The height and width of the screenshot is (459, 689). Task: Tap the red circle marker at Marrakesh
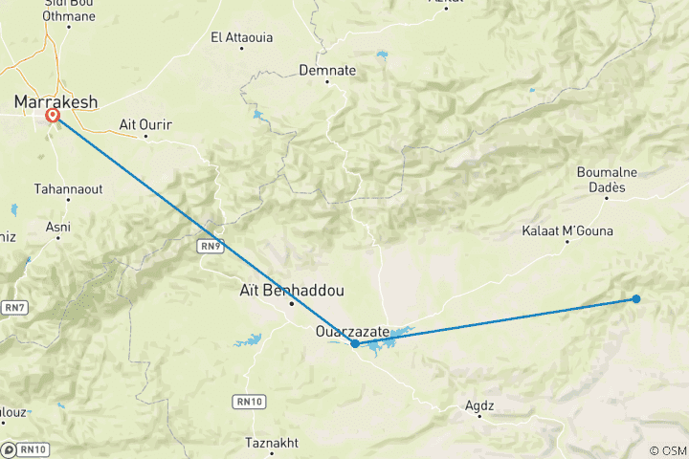tap(53, 116)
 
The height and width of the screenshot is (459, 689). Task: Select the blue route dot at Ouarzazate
tap(355, 343)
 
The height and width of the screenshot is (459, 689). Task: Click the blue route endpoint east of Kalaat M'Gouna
tap(636, 299)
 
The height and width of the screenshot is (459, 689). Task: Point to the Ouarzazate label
tap(352, 332)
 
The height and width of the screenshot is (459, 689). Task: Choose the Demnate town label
tap(327, 70)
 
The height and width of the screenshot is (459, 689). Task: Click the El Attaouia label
tap(241, 37)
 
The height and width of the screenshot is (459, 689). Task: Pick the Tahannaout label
tap(66, 188)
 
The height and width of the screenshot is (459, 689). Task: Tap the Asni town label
tap(57, 227)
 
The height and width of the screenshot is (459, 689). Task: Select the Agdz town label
tap(479, 405)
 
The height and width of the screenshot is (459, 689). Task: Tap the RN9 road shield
tap(211, 246)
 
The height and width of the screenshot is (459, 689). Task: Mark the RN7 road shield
tap(13, 307)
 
